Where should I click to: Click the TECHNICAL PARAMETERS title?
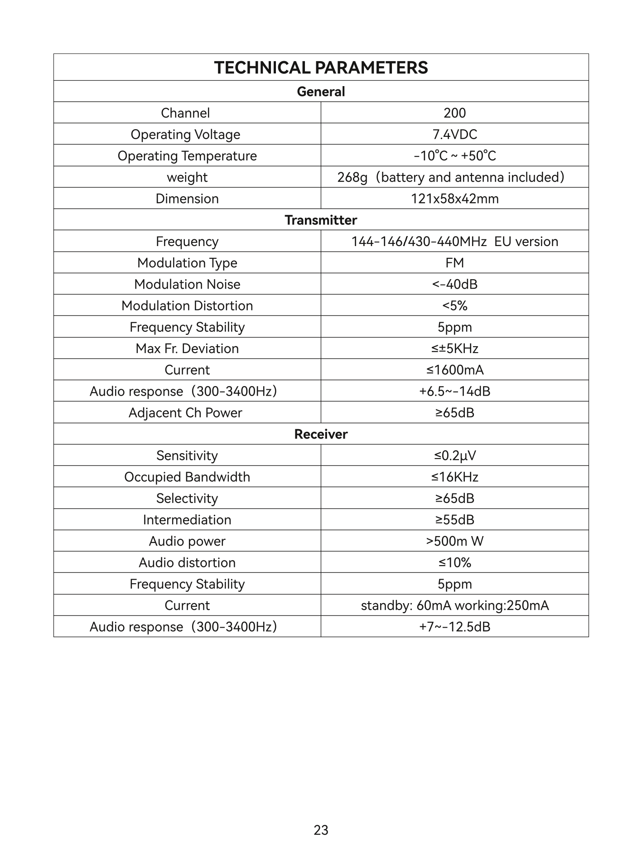click(321, 68)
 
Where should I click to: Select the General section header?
click(321, 92)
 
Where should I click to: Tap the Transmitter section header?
click(321, 220)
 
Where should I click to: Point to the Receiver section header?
click(321, 434)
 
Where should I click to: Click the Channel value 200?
click(454, 113)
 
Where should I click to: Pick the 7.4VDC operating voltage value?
click(454, 135)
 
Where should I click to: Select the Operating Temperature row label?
click(187, 156)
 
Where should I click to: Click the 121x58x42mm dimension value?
click(454, 198)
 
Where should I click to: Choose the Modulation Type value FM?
click(454, 263)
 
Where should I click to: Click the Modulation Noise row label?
click(187, 284)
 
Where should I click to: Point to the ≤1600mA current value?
click(454, 370)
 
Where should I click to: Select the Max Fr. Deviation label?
click(187, 348)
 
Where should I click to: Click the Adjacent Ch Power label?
click(185, 413)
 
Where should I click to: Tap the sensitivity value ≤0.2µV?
click(454, 455)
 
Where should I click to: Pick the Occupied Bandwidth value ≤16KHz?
click(454, 477)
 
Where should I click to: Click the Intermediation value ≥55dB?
click(454, 520)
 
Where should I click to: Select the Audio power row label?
click(187, 541)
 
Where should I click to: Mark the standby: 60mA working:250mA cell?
click(454, 605)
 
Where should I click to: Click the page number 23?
click(321, 830)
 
